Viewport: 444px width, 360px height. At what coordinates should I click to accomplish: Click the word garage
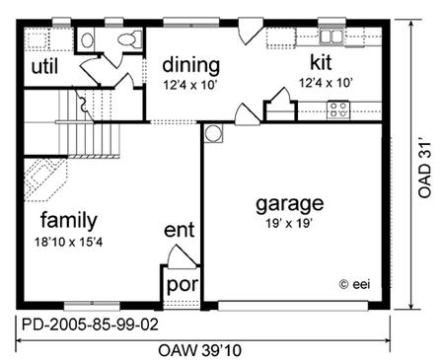290,204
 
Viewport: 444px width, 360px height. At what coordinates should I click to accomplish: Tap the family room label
69,220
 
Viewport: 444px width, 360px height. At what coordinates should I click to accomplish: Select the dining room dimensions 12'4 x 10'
190,85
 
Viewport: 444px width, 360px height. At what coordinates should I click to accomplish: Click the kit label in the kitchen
321,62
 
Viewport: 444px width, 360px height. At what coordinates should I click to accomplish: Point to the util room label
44,66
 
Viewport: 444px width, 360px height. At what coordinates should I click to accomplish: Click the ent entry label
180,230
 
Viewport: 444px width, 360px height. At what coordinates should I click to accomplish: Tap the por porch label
183,285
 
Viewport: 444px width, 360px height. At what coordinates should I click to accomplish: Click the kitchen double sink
332,36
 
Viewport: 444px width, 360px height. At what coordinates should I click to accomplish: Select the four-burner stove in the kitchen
338,110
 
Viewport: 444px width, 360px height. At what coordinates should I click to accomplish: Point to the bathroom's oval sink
87,40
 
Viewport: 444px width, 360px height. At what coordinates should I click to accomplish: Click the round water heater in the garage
213,133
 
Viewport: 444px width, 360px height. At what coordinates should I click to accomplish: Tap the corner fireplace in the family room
44,180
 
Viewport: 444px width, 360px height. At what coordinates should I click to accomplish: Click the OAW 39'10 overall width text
200,350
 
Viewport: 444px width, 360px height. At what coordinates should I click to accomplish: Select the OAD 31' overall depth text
424,170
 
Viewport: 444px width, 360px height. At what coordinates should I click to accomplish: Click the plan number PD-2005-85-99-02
90,324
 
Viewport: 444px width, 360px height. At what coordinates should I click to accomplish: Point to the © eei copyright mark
354,284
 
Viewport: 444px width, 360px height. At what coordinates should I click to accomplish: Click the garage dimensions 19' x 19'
289,224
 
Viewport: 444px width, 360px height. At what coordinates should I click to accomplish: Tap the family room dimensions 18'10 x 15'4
68,243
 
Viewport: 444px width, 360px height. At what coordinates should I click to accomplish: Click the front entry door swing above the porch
182,256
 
